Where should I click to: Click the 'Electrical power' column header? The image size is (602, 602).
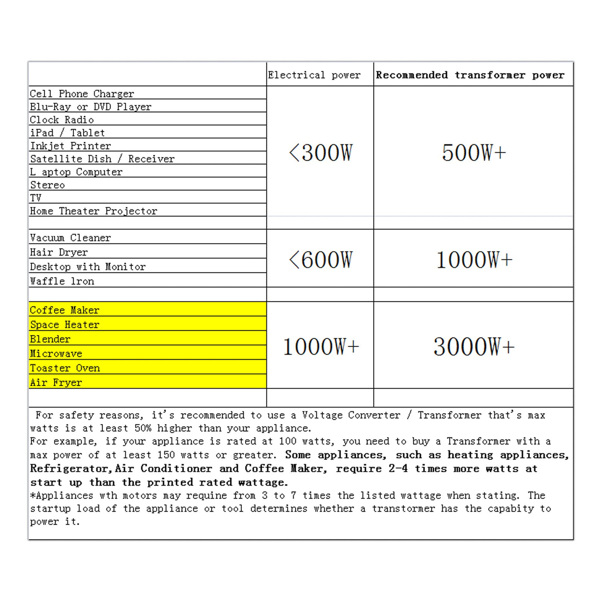[314, 75]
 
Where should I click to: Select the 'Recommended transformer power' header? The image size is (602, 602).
[470, 75]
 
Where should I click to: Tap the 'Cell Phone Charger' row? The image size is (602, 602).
[82, 94]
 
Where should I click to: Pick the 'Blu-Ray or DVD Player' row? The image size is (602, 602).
[91, 107]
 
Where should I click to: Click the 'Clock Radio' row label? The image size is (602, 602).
[62, 120]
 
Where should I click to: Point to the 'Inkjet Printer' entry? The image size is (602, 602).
[71, 146]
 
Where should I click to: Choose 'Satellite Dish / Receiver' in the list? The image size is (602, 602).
[102, 159]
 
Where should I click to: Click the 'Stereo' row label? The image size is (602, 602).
[47, 185]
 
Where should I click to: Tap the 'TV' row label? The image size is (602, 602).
[36, 198]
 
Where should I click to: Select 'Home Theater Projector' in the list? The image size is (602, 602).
[94, 211]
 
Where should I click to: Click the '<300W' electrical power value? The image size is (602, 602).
[320, 153]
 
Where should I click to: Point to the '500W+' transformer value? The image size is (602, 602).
[473, 153]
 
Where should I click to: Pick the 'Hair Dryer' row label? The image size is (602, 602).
[59, 252]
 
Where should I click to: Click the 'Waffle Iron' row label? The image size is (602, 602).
[62, 281]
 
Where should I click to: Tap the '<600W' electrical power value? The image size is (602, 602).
[320, 260]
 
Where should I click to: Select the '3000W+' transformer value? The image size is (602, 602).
[473, 347]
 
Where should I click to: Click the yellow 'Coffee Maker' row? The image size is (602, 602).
[64, 310]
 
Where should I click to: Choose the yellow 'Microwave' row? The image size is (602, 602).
[56, 353]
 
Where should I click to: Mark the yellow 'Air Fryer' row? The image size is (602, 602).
[56, 383]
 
